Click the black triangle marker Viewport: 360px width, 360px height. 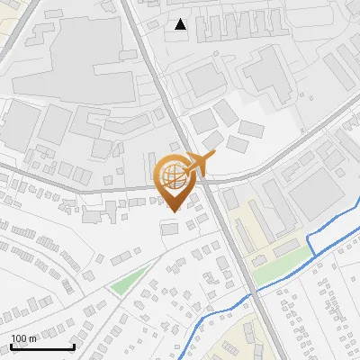pyautogui.click(x=181, y=24)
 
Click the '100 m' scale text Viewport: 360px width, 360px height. pyautogui.click(x=24, y=337)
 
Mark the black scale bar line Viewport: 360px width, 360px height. pyautogui.click(x=41, y=347)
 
